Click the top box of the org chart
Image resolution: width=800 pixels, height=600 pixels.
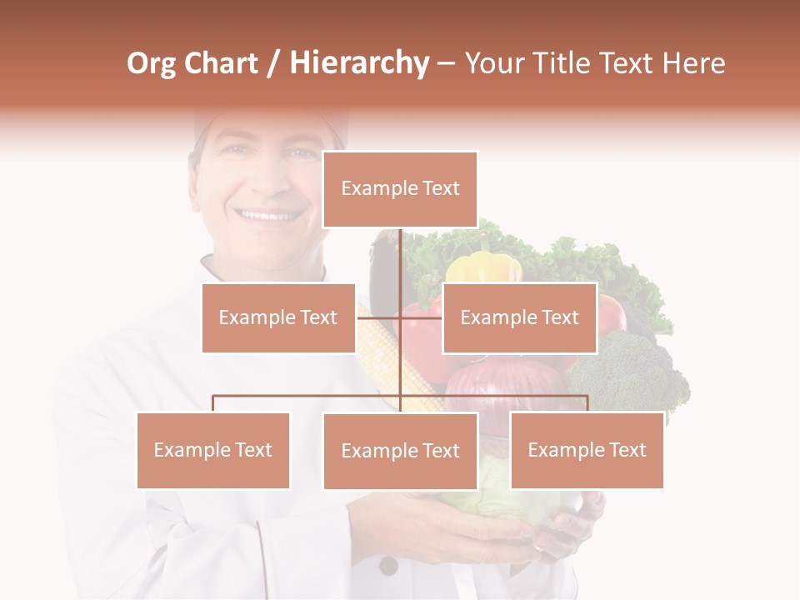400,189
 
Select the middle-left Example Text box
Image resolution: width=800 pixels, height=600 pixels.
278,317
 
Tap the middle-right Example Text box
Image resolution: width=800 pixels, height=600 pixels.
519,317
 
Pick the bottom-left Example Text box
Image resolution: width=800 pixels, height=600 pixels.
213,450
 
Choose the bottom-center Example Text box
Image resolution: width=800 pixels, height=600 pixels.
400,451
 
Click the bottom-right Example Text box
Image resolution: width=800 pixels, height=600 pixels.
587,450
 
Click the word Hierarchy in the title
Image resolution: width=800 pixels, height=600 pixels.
358,63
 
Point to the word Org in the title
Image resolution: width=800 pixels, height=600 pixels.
152,63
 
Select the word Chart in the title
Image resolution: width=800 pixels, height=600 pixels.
221,63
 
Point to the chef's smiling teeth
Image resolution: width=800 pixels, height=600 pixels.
267,216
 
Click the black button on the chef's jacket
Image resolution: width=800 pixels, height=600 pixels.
388,566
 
